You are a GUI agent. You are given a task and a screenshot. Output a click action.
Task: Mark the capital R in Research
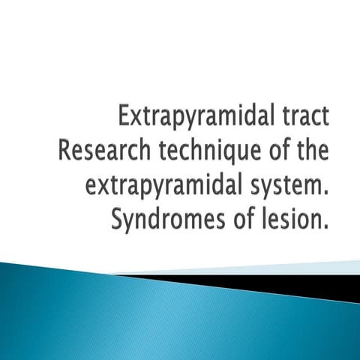pos(64,149)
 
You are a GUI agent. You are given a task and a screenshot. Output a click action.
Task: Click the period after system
pos(327,187)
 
